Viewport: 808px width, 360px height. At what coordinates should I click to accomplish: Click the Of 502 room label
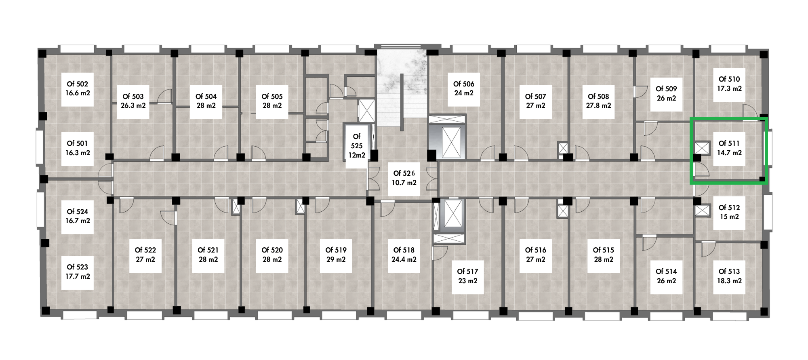(77, 84)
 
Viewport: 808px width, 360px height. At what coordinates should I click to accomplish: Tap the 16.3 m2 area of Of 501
(78, 153)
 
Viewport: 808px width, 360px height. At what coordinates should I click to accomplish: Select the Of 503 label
(133, 97)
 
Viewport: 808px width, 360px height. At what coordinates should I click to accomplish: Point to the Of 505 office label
(272, 97)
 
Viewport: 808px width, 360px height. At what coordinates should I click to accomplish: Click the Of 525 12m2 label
(357, 146)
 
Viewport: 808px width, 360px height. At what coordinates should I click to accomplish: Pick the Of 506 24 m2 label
(463, 88)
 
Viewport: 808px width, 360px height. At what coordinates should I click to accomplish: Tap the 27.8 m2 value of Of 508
(598, 106)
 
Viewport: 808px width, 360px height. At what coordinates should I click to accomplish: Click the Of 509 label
(666, 89)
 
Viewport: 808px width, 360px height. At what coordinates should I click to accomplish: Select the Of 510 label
(729, 79)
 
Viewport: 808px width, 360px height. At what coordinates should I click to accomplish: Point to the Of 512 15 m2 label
(729, 212)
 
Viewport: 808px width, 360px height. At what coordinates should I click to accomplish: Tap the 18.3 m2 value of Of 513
(729, 281)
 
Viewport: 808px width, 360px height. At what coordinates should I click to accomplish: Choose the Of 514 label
(666, 272)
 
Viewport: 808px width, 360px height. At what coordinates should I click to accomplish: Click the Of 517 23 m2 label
(467, 276)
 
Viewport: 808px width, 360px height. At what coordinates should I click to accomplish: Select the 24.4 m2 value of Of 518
(404, 259)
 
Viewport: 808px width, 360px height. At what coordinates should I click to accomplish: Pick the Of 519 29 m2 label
(336, 255)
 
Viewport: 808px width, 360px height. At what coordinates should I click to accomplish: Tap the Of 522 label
(145, 251)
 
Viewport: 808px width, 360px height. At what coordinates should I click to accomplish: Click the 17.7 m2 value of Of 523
(78, 276)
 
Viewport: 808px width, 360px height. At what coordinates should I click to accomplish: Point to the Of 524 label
(77, 212)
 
